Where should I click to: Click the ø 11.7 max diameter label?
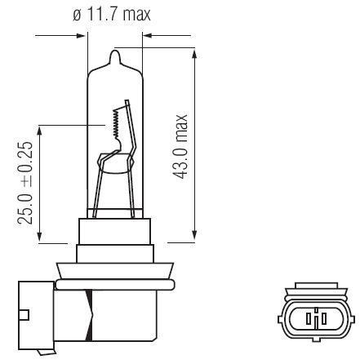point(112,14)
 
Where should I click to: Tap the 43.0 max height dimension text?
point(180,146)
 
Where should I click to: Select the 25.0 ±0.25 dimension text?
point(24,183)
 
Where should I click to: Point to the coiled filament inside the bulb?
point(117,123)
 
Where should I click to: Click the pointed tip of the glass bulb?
point(115,51)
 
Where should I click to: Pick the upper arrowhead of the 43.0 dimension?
point(194,54)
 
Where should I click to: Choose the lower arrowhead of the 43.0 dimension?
point(194,234)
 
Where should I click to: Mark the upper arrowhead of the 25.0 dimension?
point(40,131)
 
